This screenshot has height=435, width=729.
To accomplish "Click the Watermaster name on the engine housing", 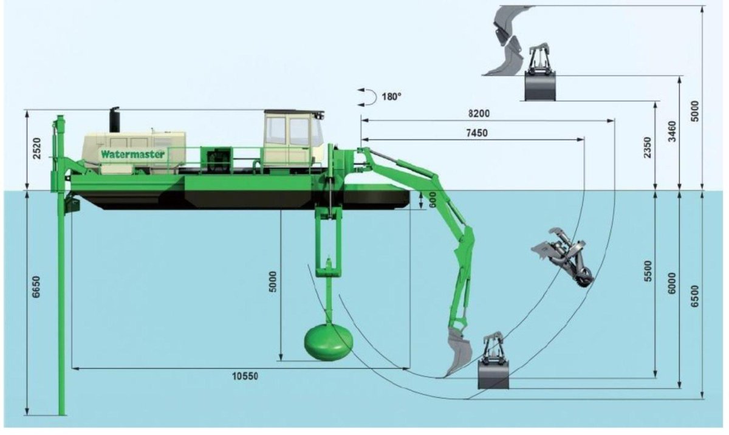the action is (x=133, y=154).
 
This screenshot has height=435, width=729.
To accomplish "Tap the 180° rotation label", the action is (x=391, y=97).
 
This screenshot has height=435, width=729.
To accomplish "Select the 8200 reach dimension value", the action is (x=479, y=114).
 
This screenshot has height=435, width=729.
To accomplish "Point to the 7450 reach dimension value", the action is (x=477, y=132).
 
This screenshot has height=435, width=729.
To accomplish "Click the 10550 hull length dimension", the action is (x=245, y=376).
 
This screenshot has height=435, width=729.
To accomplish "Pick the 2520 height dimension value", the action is (x=37, y=148).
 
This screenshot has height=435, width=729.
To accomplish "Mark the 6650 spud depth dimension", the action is (x=36, y=287).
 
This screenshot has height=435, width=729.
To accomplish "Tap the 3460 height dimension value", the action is (x=672, y=131).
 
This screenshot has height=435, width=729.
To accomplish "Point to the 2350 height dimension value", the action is (x=648, y=148).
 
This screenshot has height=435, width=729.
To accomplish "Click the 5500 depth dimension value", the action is (x=649, y=271).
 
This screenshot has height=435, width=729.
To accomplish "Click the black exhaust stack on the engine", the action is (x=114, y=120).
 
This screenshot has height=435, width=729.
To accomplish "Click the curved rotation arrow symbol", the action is (x=368, y=97).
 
